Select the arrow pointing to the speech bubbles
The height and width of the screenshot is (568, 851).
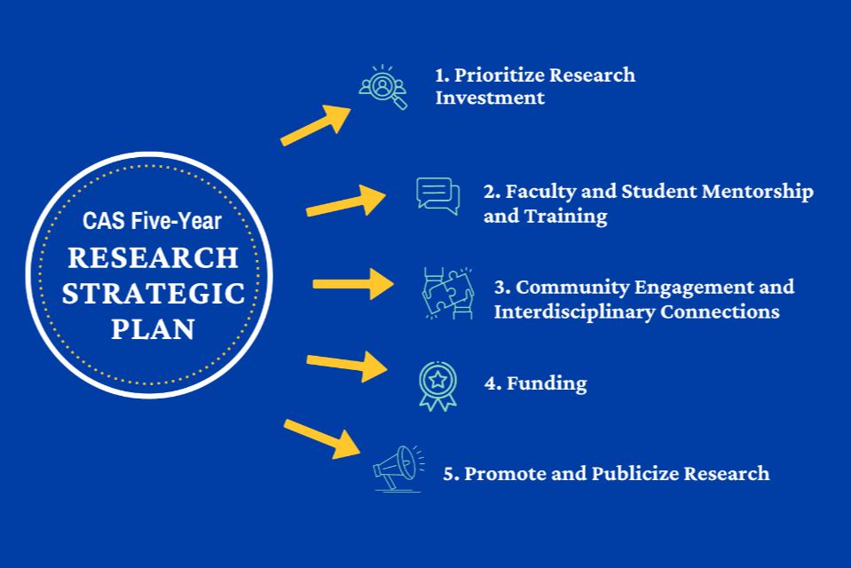point(346,201)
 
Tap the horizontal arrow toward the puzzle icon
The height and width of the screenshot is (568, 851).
point(353,284)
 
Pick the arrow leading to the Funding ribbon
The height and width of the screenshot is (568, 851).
point(347,364)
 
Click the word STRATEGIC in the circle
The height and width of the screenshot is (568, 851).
point(154,293)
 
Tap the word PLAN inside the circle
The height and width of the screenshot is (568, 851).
point(153,329)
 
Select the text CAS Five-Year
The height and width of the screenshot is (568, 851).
point(152,220)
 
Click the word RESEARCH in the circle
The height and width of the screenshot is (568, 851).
point(154,257)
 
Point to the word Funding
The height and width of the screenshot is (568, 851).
point(547,383)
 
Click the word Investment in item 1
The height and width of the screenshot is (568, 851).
point(490,98)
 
